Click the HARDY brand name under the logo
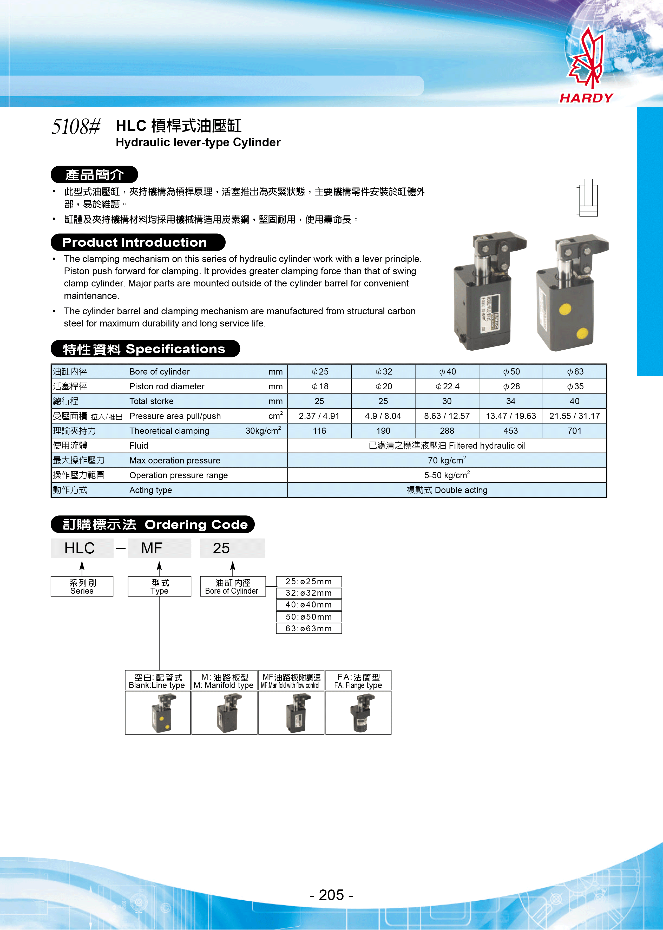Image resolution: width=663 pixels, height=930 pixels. [586, 98]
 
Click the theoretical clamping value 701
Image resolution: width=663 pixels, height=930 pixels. [574, 431]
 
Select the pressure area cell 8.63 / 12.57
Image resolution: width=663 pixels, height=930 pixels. [447, 416]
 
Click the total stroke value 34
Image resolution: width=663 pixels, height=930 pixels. [510, 401]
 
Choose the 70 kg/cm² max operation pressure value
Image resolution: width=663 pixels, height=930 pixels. [447, 461]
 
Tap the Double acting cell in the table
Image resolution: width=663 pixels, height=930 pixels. [447, 490]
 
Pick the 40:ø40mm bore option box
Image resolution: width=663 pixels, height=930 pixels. [309, 605]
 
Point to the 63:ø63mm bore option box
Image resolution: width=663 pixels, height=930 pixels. [309, 628]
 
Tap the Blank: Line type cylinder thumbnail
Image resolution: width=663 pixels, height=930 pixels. [158, 713]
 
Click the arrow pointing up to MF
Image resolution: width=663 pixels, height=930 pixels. [159, 566]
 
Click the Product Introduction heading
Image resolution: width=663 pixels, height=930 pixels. [135, 243]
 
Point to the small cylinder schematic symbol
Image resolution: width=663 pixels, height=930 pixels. [587, 198]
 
